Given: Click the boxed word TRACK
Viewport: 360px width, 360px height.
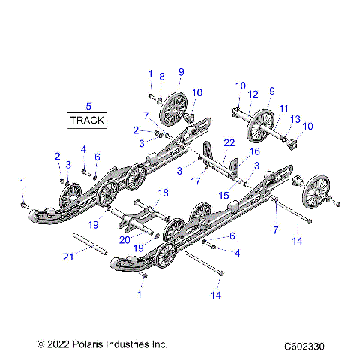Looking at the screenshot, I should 88,119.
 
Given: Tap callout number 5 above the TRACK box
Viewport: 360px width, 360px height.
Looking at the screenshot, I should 88,105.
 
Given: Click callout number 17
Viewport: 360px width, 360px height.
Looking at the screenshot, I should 197,180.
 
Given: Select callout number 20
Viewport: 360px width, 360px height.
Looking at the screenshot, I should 124,240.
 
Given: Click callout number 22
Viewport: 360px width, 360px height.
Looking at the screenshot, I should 229,142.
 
